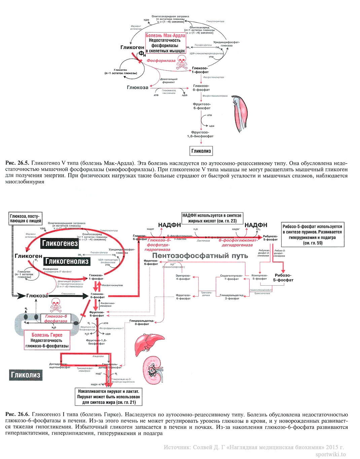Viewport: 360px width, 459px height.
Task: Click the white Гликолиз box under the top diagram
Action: (201, 151)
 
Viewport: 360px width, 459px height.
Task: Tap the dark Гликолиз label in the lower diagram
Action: (26, 375)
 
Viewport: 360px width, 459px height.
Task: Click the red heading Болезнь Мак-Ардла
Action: (165, 35)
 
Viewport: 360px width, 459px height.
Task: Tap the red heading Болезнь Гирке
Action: (47, 335)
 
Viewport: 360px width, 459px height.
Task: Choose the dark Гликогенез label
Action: (60, 243)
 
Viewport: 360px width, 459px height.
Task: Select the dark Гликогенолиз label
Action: (67, 261)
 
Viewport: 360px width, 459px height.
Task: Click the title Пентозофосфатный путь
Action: (200, 256)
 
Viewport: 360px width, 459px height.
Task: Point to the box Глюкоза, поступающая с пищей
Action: (26, 218)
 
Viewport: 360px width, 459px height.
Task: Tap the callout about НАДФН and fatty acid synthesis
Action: (212, 218)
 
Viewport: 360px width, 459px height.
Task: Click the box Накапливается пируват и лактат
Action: (108, 397)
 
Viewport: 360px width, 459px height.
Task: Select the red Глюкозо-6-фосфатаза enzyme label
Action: (56, 318)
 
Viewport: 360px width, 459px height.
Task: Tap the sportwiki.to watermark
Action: (330, 454)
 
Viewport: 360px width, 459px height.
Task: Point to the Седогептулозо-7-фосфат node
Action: (231, 277)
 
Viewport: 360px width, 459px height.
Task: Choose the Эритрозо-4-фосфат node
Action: (183, 277)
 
